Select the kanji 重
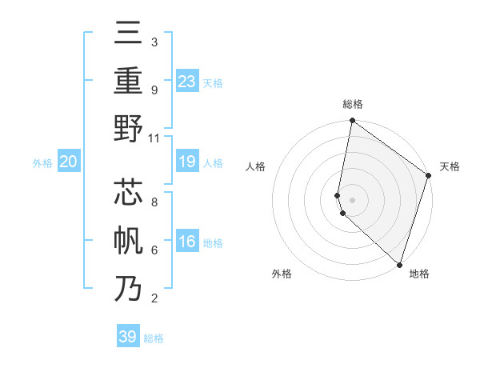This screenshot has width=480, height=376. (x=129, y=80)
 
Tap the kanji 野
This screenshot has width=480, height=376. (x=129, y=128)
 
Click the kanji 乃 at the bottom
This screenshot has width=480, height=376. (x=129, y=288)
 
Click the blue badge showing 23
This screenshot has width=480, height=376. (x=187, y=82)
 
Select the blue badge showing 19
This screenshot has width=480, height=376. (x=187, y=162)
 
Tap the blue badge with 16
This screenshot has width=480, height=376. (x=187, y=242)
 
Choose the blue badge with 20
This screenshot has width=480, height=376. (x=68, y=162)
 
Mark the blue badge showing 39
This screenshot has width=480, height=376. (x=128, y=337)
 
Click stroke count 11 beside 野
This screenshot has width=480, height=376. (x=154, y=138)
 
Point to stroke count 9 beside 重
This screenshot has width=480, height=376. (x=154, y=90)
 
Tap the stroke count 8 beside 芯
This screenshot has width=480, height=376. (x=154, y=202)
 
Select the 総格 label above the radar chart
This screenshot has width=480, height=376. (x=353, y=104)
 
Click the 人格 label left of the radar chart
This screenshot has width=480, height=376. (x=256, y=166)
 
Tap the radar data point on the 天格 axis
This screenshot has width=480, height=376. (x=428, y=176)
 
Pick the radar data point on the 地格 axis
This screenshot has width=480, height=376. (x=399, y=264)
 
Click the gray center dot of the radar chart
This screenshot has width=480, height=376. (x=353, y=199)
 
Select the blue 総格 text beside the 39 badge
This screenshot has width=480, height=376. (x=154, y=338)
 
